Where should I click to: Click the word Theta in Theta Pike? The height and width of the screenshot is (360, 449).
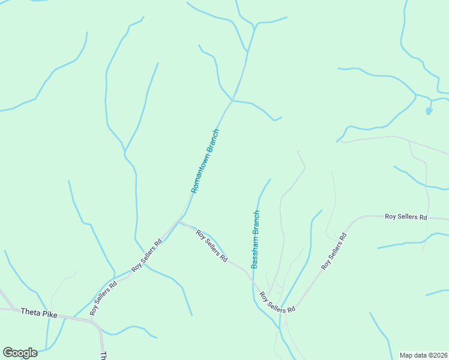click(31, 312)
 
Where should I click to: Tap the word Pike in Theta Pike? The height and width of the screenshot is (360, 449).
click(50, 314)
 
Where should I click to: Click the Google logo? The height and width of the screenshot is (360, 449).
click(20, 353)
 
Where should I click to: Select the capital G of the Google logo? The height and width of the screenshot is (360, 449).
click(8, 353)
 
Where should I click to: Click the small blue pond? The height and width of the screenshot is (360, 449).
click(429, 111)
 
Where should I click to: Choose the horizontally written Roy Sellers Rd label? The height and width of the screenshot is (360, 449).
click(406, 216)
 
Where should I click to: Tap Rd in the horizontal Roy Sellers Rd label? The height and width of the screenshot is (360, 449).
click(423, 216)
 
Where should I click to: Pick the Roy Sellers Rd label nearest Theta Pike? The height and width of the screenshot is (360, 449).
click(103, 297)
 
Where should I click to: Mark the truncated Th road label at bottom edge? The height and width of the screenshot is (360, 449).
click(103, 355)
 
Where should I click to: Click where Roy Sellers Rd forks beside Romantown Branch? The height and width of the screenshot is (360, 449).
click(178, 221)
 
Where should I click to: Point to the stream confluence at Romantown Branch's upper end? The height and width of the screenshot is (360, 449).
click(232, 100)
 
